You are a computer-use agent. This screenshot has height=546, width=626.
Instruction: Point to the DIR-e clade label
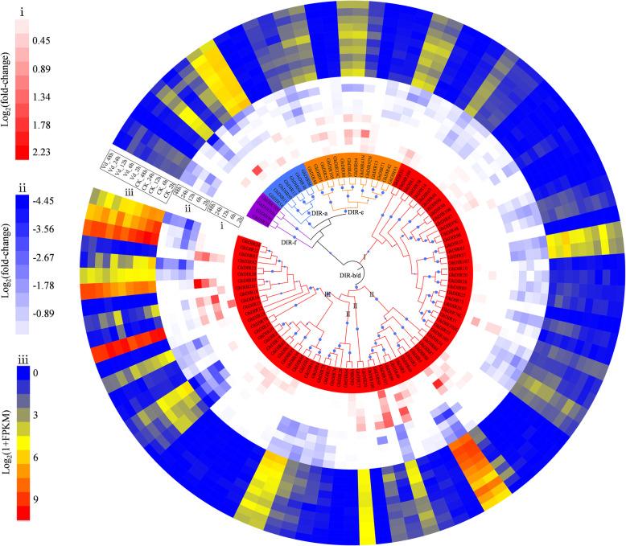click(x=358, y=212)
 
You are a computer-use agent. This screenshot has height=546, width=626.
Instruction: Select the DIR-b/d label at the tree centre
click(x=351, y=275)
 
